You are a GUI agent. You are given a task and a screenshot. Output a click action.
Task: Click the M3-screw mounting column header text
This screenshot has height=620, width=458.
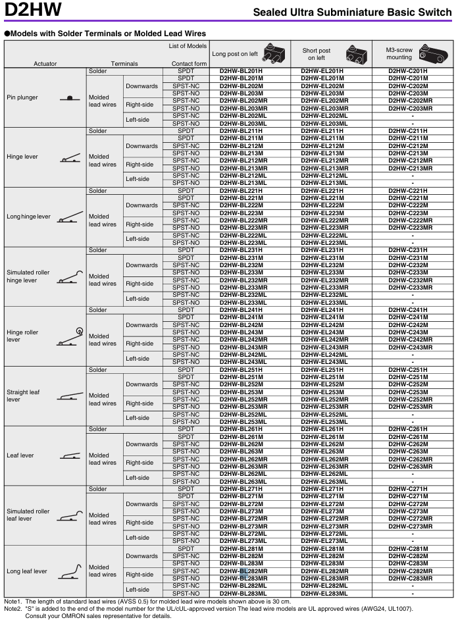click(399, 54)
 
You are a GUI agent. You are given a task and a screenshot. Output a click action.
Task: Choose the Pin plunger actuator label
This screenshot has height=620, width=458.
click(22, 97)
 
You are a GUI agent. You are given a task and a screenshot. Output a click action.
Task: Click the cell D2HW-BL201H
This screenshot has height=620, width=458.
click(241, 70)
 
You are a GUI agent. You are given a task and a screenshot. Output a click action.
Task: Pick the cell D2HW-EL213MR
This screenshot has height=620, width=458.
click(324, 168)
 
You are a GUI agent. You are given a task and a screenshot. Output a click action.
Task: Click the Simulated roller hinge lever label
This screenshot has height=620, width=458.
click(28, 276)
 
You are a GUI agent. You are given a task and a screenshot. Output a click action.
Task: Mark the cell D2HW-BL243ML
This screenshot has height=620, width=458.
click(243, 362)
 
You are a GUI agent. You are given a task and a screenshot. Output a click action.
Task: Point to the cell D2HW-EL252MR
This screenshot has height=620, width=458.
click(324, 400)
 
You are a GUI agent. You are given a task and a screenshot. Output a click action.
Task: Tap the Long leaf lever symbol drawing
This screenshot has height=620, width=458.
click(70, 572)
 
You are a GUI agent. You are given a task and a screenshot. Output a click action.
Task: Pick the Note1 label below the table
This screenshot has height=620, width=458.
click(13, 602)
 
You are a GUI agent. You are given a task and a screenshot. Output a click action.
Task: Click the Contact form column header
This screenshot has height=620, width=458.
click(189, 64)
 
